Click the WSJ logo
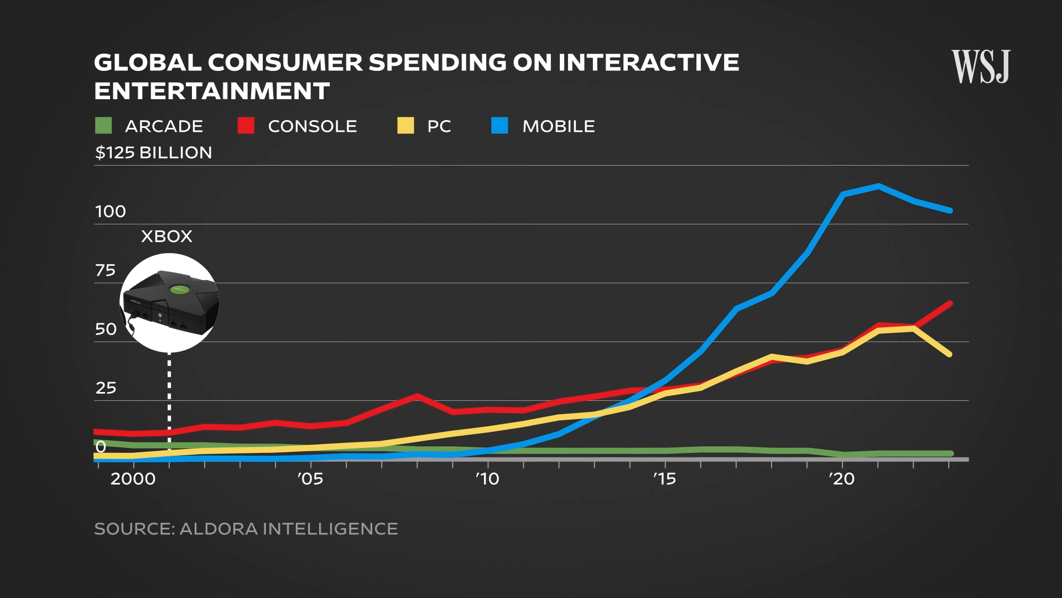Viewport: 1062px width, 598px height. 981,66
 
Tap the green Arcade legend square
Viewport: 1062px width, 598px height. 103,126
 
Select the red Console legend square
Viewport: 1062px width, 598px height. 246,126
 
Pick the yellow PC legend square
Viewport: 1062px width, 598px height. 405,126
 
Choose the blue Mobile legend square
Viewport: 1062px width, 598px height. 499,126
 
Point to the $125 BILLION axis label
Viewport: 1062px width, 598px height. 153,153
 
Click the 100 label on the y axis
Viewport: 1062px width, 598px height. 111,212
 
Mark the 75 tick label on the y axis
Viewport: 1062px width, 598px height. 106,270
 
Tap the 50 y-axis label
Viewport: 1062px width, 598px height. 106,329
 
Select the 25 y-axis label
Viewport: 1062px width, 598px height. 106,388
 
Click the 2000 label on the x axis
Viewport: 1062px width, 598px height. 133,479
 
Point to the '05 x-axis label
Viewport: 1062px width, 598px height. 310,479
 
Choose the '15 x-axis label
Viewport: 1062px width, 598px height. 664,479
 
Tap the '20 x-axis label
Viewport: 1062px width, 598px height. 842,479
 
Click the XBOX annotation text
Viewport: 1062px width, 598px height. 166,236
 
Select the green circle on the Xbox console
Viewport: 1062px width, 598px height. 179,289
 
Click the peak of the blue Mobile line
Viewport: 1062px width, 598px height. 878,186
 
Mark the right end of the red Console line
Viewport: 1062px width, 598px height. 950,303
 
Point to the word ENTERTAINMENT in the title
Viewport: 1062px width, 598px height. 212,91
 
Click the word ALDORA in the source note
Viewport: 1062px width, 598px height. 218,529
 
